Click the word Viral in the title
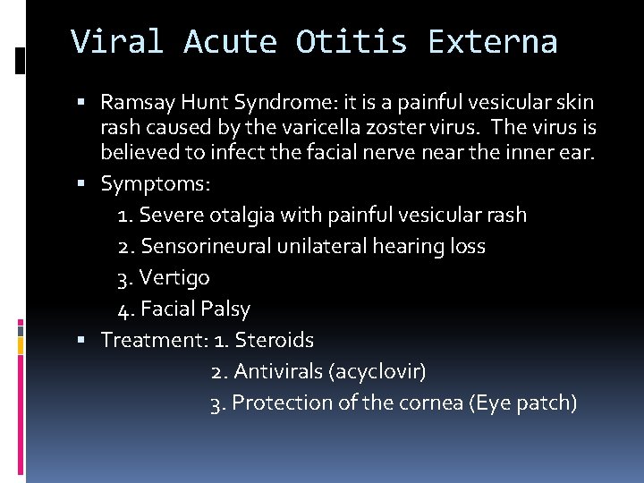pyautogui.click(x=116, y=42)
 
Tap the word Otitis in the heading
pyautogui.click(x=352, y=42)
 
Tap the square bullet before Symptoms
pyautogui.click(x=91, y=184)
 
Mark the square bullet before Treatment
pyautogui.click(x=91, y=341)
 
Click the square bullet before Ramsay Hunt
pyautogui.click(x=91, y=104)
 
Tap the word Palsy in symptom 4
pyautogui.click(x=226, y=309)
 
